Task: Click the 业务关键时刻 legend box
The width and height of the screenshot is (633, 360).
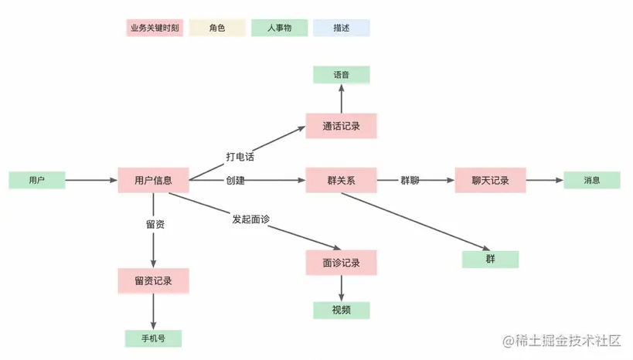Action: (x=155, y=29)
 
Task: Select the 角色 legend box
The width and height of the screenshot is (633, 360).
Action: (x=217, y=29)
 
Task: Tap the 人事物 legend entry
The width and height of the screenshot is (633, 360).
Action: (x=279, y=29)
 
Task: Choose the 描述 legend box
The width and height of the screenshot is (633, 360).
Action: (x=341, y=29)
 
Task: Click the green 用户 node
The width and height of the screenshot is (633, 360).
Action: (x=36, y=180)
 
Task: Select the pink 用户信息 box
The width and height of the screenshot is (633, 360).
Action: (x=153, y=180)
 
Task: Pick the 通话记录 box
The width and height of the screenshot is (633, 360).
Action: (x=341, y=125)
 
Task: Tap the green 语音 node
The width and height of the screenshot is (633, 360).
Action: (x=341, y=75)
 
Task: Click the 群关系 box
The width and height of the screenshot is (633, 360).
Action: (x=341, y=180)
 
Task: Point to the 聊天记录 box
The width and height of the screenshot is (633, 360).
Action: (x=490, y=180)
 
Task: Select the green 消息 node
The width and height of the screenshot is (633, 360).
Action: (x=592, y=180)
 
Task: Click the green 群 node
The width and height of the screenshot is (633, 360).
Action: (x=490, y=260)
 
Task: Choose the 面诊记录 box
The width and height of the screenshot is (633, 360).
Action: (x=341, y=263)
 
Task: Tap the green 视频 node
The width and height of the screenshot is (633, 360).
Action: (x=341, y=311)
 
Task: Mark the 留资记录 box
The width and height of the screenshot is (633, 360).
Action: (x=153, y=281)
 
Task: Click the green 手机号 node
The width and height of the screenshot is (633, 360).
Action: (x=153, y=338)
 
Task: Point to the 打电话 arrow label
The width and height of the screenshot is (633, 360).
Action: (x=240, y=157)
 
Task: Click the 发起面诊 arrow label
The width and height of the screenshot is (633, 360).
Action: (x=250, y=219)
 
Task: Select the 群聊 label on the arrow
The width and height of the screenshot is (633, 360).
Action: (x=410, y=180)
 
